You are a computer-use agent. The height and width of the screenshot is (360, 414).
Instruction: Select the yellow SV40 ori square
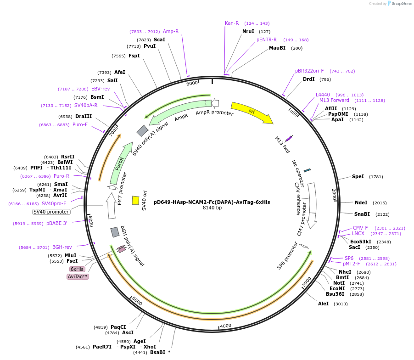click(135, 200)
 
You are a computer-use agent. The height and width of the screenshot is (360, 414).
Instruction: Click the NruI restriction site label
click(248, 31)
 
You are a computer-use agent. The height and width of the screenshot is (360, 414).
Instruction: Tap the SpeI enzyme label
click(358, 176)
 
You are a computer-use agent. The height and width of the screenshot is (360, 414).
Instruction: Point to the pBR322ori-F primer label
click(309, 71)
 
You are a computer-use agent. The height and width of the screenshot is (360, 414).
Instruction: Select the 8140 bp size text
click(212, 208)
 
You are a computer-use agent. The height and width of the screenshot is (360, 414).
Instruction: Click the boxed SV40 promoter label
click(51, 212)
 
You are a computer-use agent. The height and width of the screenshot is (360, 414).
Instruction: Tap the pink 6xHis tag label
click(77, 269)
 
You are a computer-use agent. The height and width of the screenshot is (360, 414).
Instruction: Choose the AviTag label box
click(78, 276)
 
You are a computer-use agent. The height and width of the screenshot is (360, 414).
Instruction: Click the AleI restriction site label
click(324, 304)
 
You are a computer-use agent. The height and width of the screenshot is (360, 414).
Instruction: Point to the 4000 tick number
click(225, 326)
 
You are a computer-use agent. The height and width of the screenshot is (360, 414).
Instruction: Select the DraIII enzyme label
click(84, 116)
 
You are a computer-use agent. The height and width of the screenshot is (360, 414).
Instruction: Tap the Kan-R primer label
click(232, 23)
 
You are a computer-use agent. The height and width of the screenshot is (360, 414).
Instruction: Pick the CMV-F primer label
click(360, 228)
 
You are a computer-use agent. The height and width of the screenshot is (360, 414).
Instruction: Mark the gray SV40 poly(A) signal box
click(142, 131)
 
